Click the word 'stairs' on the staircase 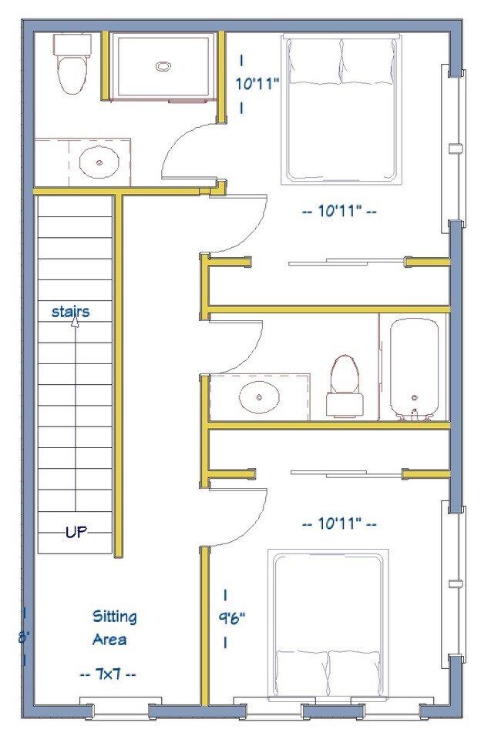click(x=70, y=312)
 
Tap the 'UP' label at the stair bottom click(x=76, y=531)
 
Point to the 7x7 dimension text click(x=109, y=674)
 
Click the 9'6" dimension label click(x=231, y=618)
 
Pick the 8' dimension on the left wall click(x=24, y=637)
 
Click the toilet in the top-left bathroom click(x=72, y=63)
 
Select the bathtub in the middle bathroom click(x=414, y=369)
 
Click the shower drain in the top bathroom click(x=163, y=67)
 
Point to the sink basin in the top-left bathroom click(x=99, y=162)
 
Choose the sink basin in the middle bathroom click(x=259, y=397)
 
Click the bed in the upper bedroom click(x=341, y=110)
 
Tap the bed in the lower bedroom click(x=328, y=624)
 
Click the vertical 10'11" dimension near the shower click(x=257, y=84)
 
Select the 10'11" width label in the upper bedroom click(x=339, y=211)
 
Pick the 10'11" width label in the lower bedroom click(x=339, y=524)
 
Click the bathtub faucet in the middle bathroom click(x=413, y=414)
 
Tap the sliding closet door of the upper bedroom click(x=346, y=262)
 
